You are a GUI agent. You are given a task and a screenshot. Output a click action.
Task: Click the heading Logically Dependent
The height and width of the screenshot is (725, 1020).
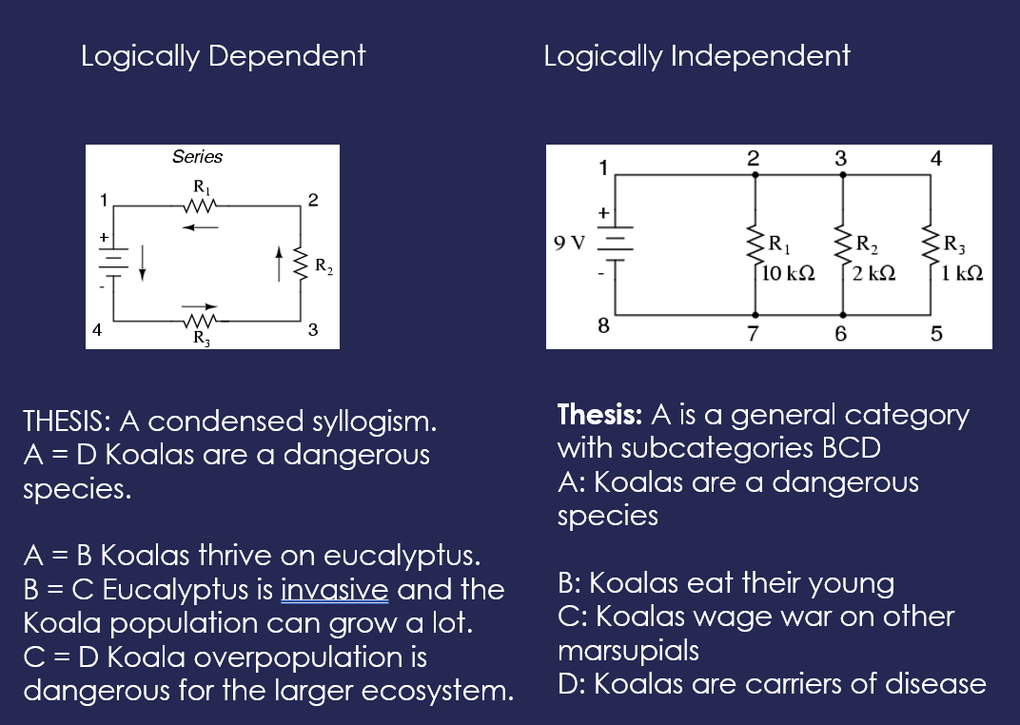point(223,56)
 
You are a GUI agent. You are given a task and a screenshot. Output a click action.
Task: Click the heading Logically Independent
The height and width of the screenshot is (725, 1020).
point(696,56)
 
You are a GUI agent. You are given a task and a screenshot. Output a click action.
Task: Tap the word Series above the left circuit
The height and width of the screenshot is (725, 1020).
point(197,157)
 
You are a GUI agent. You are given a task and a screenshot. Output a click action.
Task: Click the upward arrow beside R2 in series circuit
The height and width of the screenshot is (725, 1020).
point(279,264)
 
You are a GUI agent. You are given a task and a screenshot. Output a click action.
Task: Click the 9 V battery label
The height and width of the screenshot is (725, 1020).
point(569,244)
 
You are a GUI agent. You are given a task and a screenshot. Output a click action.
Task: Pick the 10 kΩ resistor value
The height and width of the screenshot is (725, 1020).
point(788,273)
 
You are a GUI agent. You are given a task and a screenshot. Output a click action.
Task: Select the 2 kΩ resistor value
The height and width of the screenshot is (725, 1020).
point(873,273)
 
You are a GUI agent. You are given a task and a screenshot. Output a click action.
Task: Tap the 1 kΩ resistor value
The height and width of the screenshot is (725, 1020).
point(962,273)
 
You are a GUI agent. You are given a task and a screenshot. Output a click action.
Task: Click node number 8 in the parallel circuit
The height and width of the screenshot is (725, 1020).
point(603,325)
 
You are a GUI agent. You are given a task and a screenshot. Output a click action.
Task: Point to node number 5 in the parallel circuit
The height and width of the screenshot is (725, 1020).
point(936,334)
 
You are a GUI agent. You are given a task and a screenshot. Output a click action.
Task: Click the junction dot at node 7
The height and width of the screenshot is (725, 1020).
point(755,315)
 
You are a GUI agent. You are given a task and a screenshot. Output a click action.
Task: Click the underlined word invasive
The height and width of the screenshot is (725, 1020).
point(334,590)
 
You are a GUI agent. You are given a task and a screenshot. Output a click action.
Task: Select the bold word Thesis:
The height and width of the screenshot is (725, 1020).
point(599,415)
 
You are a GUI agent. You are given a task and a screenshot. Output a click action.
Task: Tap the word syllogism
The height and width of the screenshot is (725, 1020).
point(374,422)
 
